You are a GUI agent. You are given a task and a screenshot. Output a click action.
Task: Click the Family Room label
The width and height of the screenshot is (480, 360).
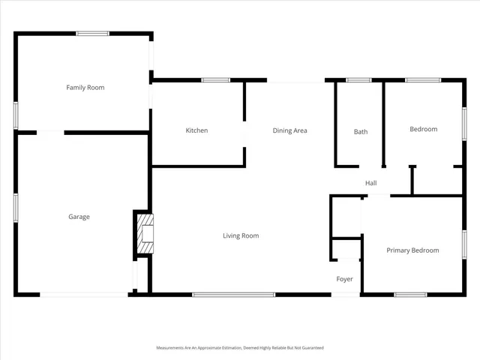(85, 88)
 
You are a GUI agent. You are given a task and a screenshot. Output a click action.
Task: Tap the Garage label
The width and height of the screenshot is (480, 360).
(79, 217)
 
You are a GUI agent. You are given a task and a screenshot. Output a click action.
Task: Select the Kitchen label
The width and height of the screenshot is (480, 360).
(196, 130)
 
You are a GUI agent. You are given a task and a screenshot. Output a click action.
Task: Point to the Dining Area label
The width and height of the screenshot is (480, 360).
(289, 130)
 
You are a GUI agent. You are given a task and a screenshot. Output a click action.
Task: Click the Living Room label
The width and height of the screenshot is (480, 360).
(240, 235)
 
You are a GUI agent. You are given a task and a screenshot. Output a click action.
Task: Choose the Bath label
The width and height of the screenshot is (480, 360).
(361, 132)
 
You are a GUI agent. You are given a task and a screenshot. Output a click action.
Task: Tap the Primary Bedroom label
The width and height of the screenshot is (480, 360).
(412, 250)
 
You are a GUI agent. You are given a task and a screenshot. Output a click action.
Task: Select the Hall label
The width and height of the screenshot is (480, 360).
(370, 183)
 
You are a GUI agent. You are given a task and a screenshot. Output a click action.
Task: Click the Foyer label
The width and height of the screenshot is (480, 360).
(344, 279)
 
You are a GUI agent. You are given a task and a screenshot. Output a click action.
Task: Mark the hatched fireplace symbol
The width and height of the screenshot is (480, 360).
(145, 234)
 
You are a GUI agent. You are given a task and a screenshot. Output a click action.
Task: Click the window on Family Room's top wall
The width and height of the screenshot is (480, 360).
(92, 33)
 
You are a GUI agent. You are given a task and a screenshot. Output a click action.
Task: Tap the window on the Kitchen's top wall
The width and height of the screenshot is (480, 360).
(215, 79)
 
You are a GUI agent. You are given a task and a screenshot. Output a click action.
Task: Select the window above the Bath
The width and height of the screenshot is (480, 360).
(358, 79)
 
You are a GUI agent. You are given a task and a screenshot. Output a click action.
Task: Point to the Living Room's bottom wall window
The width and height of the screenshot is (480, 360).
(234, 295)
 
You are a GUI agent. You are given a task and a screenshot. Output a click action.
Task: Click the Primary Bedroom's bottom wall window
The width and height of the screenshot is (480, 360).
(410, 295)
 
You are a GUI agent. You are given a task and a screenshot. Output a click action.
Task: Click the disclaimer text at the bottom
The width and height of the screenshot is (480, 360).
(239, 348)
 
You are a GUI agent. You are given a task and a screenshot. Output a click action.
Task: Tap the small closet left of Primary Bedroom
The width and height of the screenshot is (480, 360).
(346, 217)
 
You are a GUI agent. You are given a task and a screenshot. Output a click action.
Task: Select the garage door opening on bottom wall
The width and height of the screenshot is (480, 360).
(84, 295)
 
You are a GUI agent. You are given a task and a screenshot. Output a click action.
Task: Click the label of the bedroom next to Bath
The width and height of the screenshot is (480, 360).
(423, 129)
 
